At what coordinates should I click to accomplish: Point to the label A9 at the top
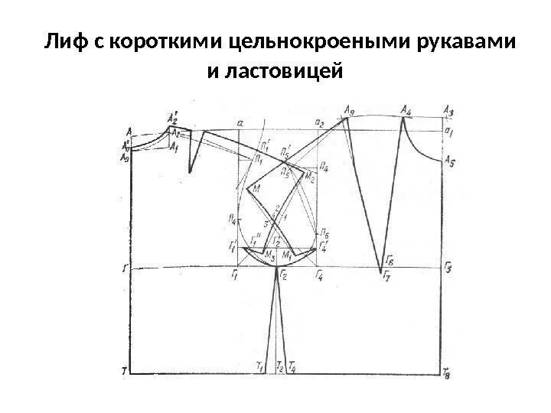[x=350, y=110]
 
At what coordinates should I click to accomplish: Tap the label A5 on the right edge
[x=451, y=160]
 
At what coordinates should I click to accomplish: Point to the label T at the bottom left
[x=124, y=371]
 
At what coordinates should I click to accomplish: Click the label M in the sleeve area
[x=256, y=187]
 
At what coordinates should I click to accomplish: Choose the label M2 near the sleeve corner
[x=310, y=177]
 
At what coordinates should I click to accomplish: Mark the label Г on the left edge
[x=125, y=268]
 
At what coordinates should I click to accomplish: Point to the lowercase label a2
[x=319, y=122]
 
